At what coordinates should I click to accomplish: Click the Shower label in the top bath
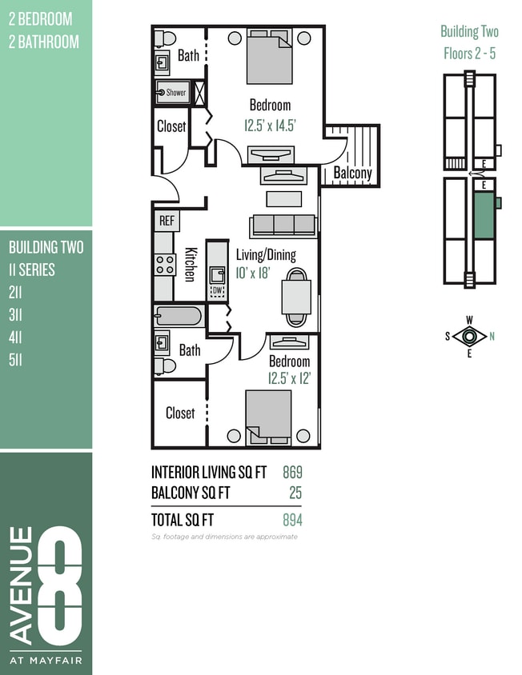point(175,93)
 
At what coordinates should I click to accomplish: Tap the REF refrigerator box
point(167,221)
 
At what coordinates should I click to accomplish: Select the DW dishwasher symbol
point(217,290)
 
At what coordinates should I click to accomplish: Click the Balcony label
point(352,173)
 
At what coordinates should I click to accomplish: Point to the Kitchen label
point(190,263)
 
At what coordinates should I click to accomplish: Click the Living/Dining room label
point(265,255)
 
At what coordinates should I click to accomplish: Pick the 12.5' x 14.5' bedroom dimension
point(270,125)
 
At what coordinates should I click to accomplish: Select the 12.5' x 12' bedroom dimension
point(289,377)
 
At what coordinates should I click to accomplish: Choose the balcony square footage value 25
point(295,493)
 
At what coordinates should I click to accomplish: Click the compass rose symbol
point(469,336)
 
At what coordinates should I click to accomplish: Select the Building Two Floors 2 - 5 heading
point(469,42)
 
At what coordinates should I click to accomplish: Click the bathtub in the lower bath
point(178,316)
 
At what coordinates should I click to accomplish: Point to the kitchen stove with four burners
point(165,264)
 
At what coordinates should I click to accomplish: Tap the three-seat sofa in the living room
point(283,225)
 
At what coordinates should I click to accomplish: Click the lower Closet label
point(180,413)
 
